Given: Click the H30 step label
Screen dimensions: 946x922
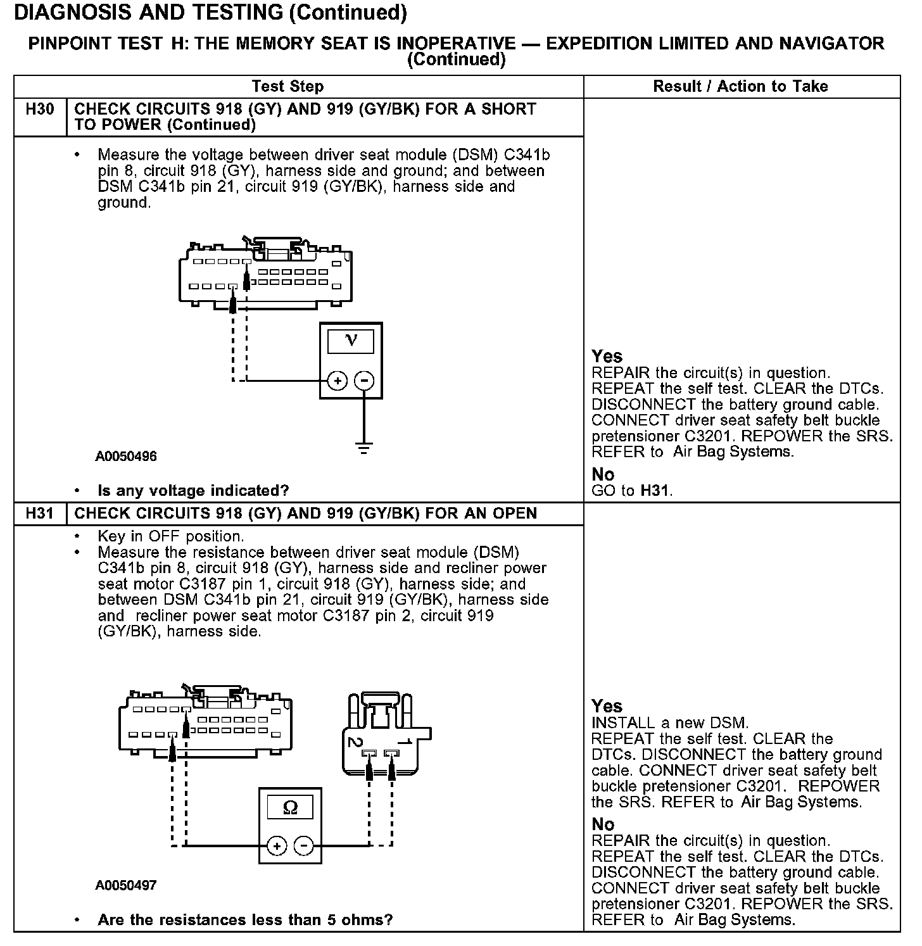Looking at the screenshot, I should pos(39,110).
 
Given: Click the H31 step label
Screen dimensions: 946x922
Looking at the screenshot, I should pos(39,514).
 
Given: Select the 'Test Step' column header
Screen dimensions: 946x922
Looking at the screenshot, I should pos(287,87).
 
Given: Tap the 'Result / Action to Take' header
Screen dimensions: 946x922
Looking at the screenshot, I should pos(740,87).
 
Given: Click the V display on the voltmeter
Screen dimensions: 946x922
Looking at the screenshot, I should pos(351,341).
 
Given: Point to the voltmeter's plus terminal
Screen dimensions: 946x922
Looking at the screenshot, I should pos(338,381).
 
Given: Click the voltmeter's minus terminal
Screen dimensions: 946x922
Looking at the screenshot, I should pos(363,381).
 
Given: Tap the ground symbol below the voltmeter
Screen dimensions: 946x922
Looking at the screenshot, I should pos(363,448).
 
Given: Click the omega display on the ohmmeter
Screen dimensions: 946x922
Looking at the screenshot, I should pos(291,807).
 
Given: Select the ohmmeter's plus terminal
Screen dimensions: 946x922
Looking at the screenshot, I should pos(277,845).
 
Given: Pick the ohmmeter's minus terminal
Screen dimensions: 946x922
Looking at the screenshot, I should pos(304,845).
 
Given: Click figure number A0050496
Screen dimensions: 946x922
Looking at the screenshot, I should pos(126,457).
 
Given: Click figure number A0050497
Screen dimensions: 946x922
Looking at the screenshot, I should pos(126,885).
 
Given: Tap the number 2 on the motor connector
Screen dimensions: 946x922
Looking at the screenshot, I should pos(355,741).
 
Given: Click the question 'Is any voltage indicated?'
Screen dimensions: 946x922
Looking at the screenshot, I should pos(193,491).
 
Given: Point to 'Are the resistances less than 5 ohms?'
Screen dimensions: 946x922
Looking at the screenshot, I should pos(245,919).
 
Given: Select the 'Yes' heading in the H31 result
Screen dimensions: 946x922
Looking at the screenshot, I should pos(607,706).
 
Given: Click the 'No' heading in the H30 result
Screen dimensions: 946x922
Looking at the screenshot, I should pos(603,474).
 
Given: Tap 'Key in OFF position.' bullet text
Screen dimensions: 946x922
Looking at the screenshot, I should pos(170,536).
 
